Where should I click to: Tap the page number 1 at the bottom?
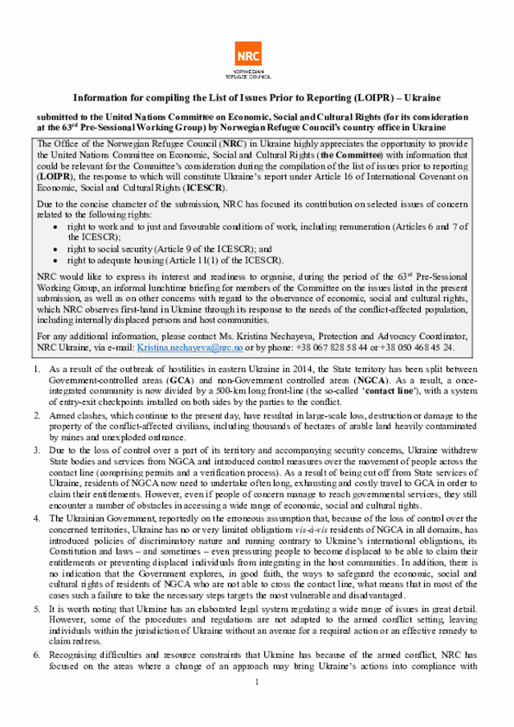(x=257, y=683)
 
